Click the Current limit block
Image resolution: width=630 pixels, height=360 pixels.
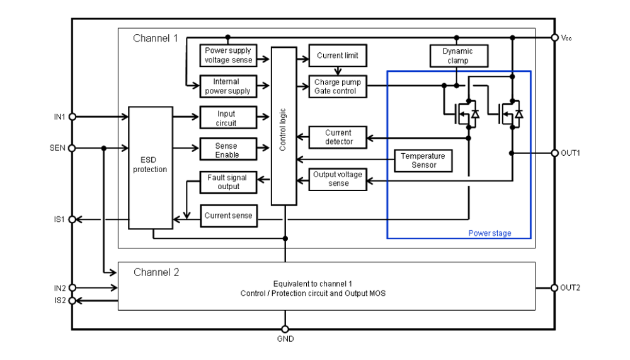338,55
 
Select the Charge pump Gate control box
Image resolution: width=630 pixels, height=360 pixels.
338,86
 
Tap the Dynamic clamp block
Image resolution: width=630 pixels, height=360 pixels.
459,56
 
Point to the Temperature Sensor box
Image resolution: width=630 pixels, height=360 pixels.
423,161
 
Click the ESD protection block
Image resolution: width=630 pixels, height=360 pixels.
151,168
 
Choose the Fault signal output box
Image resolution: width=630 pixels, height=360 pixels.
228,182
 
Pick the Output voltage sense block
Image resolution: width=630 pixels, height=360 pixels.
338,179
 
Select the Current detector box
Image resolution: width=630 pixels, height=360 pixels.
338,137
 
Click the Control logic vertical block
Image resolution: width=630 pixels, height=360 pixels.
283,126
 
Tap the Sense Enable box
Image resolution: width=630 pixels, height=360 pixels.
228,149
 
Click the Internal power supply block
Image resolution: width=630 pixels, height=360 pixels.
228,86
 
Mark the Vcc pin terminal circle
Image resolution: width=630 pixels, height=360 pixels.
555,37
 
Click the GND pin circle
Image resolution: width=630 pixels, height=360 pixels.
285,330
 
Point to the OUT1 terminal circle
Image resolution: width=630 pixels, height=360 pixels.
555,153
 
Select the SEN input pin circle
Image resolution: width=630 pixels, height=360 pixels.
72,148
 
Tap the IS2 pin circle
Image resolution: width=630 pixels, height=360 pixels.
72,301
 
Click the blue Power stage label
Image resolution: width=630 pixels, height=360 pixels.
490,233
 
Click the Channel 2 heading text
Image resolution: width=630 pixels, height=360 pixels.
156,272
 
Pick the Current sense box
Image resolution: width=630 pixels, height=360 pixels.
229,216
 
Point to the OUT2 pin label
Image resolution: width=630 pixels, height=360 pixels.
570,287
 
